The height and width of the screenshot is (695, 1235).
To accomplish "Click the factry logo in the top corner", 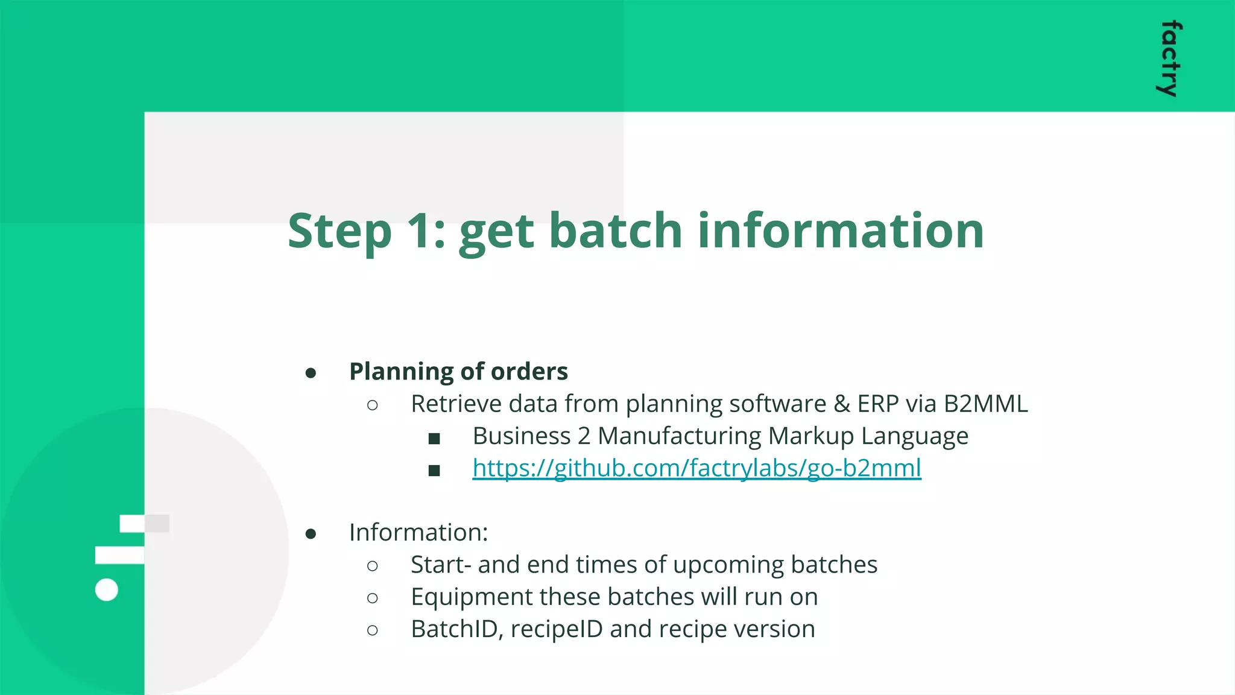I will tap(1169, 59).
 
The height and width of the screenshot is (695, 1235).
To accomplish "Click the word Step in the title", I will tap(340, 231).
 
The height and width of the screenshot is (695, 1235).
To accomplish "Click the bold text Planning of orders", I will tap(458, 372).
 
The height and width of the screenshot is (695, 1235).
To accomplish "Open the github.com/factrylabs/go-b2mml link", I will tap(696, 468).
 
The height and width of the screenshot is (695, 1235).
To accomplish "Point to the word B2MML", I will tap(985, 404).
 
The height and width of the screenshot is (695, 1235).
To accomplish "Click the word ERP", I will tap(877, 404).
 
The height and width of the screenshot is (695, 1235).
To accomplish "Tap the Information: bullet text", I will tap(419, 533).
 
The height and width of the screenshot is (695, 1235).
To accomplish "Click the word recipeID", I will tap(556, 629).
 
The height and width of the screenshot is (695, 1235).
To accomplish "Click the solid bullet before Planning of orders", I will tap(311, 373).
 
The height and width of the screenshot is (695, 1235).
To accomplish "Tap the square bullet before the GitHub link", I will tap(434, 470).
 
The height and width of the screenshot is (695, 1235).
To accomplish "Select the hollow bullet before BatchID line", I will tap(373, 630).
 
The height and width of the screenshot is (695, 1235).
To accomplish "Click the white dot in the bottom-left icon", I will tap(107, 589).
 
